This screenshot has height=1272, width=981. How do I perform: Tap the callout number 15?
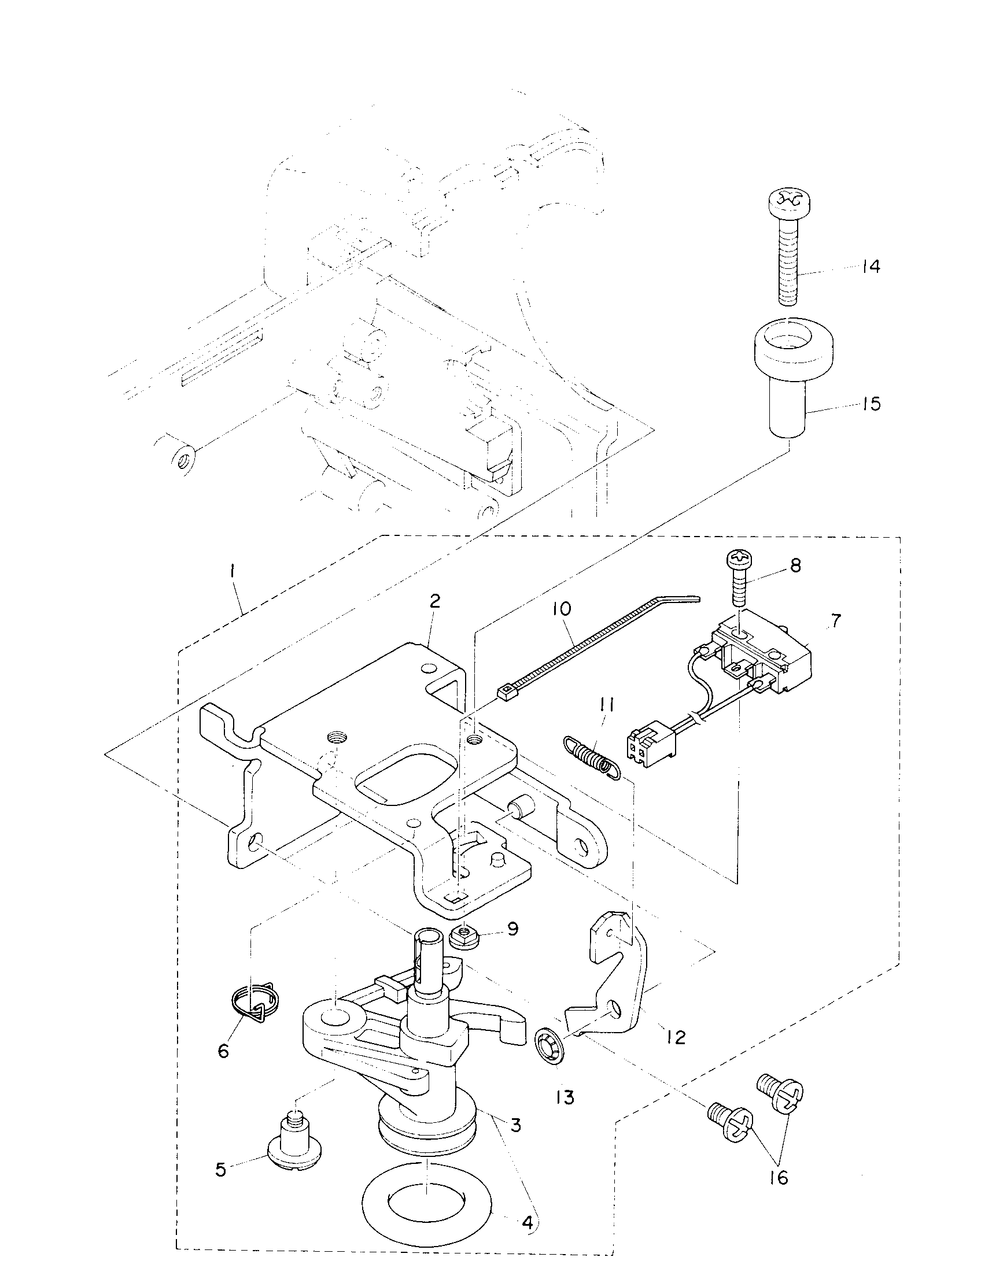point(871,404)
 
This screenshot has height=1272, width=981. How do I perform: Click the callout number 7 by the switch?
point(835,622)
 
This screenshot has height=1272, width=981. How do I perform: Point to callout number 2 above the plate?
point(434,602)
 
